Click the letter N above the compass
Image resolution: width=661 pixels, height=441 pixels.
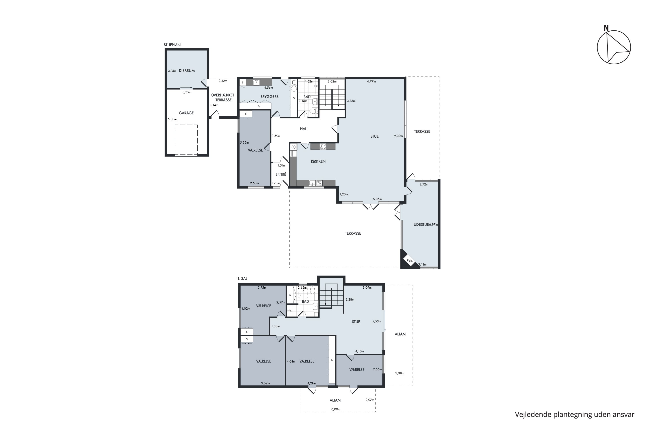coord(606,28)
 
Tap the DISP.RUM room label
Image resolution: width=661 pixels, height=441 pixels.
coord(187,71)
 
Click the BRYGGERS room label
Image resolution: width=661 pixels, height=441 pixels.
coord(269,97)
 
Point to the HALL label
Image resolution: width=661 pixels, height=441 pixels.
coord(304,129)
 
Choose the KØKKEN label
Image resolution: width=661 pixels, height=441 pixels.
coord(318,161)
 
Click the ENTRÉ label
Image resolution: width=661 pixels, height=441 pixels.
coord(281,174)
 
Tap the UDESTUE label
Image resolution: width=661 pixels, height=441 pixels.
coord(421,224)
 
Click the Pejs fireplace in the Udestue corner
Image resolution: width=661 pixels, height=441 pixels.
coord(410,261)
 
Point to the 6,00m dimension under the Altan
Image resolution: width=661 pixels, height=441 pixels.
coord(336,409)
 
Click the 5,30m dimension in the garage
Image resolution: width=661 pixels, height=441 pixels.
coord(172,119)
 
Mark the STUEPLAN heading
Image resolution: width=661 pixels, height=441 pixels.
coord(172,45)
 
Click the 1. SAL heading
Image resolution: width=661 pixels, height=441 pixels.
coord(242,278)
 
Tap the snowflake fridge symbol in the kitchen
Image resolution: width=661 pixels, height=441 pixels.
coord(294,147)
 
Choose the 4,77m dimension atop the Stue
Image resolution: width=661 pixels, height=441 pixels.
coord(371,82)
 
